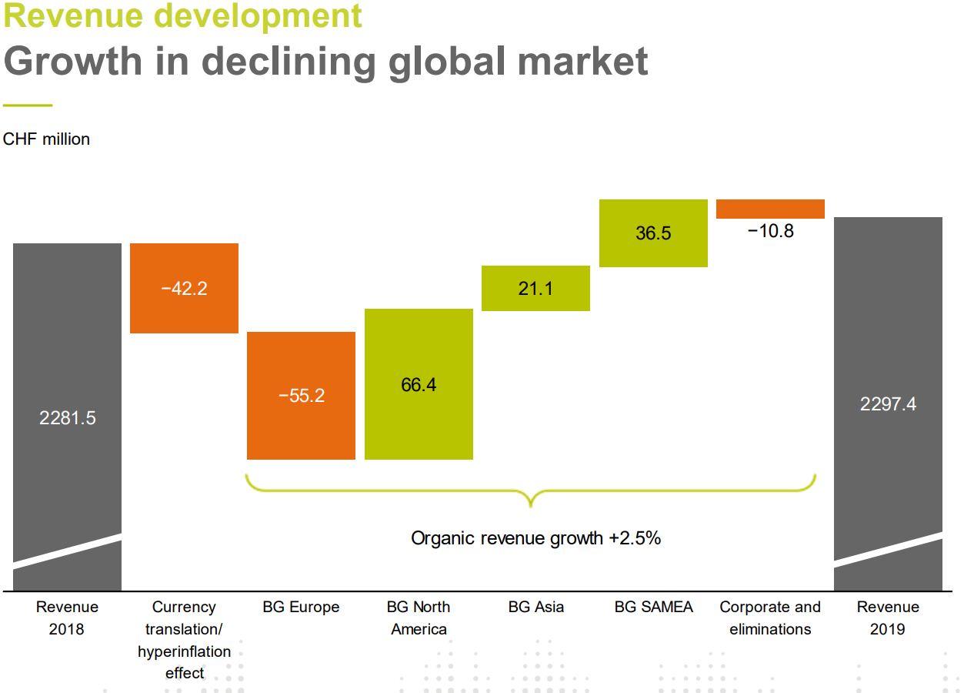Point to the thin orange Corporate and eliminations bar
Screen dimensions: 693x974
[x=770, y=209]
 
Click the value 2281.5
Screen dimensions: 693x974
[x=68, y=418]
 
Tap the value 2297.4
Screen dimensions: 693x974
[x=888, y=404]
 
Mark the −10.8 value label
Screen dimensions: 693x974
[x=770, y=231]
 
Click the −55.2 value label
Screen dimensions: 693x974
[x=302, y=396]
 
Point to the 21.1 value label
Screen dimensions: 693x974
[x=535, y=289]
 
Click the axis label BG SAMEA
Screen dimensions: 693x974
[x=653, y=607]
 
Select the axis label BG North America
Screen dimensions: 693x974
[x=419, y=618]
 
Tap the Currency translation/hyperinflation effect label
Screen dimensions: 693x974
[x=184, y=640]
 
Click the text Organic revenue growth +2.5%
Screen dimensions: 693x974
[x=535, y=538]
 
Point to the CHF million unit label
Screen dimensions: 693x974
[x=46, y=139]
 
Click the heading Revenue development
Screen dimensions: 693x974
[x=182, y=15]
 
